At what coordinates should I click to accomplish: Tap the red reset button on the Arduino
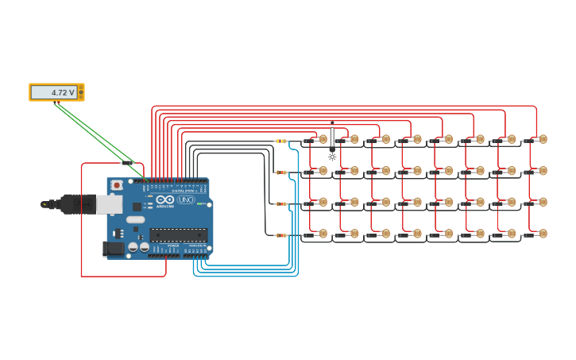(117, 185)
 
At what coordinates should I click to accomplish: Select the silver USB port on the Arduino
(109, 204)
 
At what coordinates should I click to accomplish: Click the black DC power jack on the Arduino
(114, 249)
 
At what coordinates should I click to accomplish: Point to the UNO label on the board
(186, 199)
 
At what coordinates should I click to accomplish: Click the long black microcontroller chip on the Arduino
(179, 235)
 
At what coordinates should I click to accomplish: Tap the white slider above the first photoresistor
(332, 137)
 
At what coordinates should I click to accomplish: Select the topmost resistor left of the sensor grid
(280, 141)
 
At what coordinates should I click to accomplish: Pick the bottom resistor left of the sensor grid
(280, 235)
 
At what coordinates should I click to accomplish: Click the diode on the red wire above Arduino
(128, 163)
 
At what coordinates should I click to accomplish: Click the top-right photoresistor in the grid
(543, 139)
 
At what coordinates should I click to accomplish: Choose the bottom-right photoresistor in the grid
(543, 234)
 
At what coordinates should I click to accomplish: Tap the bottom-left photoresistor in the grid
(322, 234)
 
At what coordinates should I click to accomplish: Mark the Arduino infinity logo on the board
(164, 199)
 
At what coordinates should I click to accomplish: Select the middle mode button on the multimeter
(80, 92)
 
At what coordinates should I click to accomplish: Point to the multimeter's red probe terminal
(80, 87)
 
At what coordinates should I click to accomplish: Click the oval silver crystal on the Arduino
(136, 219)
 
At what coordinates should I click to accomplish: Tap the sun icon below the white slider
(332, 157)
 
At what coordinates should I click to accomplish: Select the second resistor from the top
(280, 172)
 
